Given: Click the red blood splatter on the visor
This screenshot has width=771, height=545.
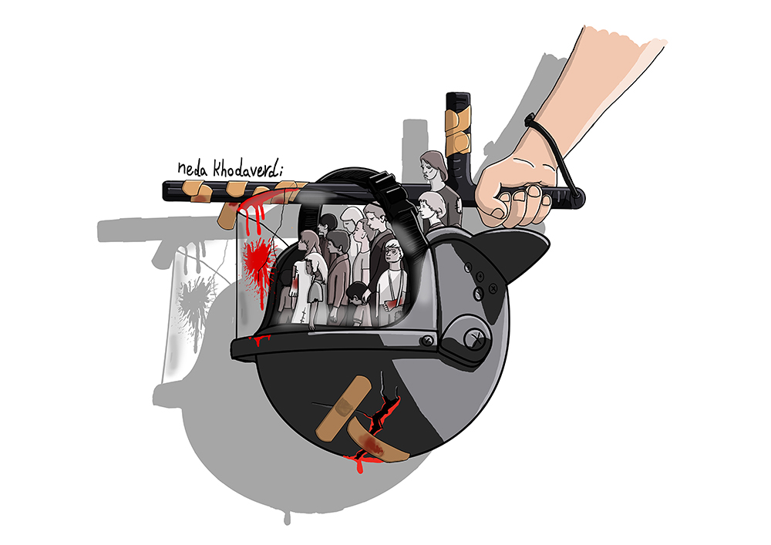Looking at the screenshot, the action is tap(258, 261).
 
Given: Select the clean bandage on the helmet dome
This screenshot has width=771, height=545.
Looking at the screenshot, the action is tap(344, 408).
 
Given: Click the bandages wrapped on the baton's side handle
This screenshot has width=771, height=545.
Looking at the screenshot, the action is tap(457, 126).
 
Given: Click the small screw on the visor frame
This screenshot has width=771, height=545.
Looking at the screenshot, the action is tap(427, 340).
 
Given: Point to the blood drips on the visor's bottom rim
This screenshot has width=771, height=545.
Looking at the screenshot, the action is tap(261, 340).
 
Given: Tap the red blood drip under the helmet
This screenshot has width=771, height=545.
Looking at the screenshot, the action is tap(360, 463).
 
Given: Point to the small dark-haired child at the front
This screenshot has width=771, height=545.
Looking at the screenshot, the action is tap(356, 304).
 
